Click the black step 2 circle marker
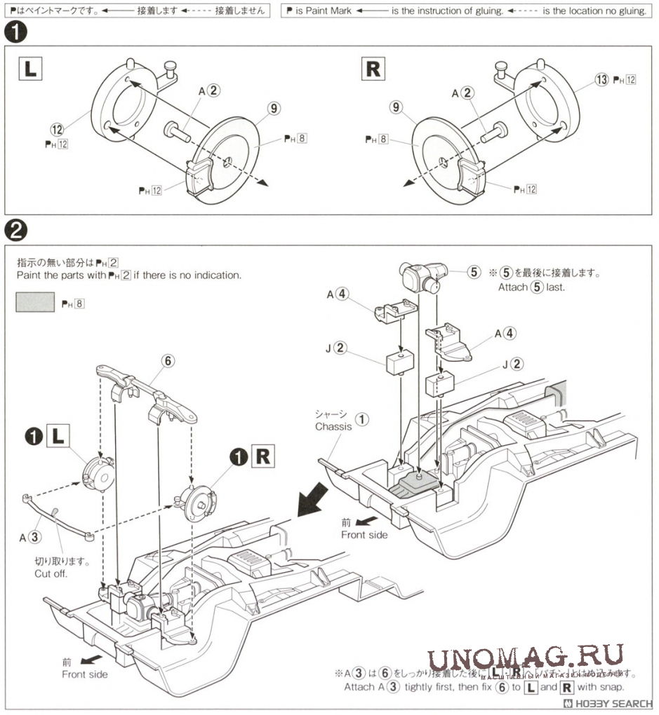click(15, 230)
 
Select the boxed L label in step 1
click(29, 69)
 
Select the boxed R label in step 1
click(373, 69)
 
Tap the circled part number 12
click(57, 129)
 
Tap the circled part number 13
click(601, 79)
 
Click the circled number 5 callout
click(474, 272)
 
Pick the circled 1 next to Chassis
click(361, 419)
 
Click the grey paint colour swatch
click(34, 303)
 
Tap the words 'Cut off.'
click(51, 573)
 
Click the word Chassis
click(333, 426)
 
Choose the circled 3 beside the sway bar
click(37, 538)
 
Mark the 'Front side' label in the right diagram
click(364, 534)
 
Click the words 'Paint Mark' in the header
click(328, 12)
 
